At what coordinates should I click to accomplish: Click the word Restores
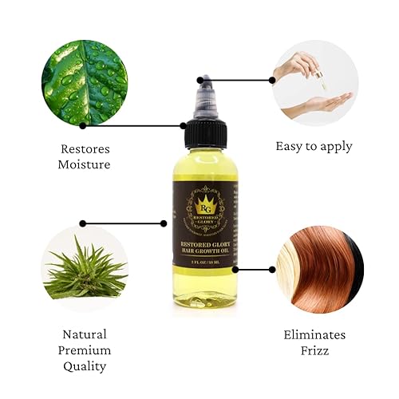pos(85,148)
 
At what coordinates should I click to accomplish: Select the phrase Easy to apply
pos(314,146)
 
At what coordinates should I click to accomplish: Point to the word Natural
pos(84,334)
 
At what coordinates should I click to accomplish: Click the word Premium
pos(84,350)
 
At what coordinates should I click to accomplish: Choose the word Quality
pos(84,367)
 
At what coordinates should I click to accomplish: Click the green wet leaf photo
pos(85,85)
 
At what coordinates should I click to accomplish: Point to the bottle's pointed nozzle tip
pos(204,81)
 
